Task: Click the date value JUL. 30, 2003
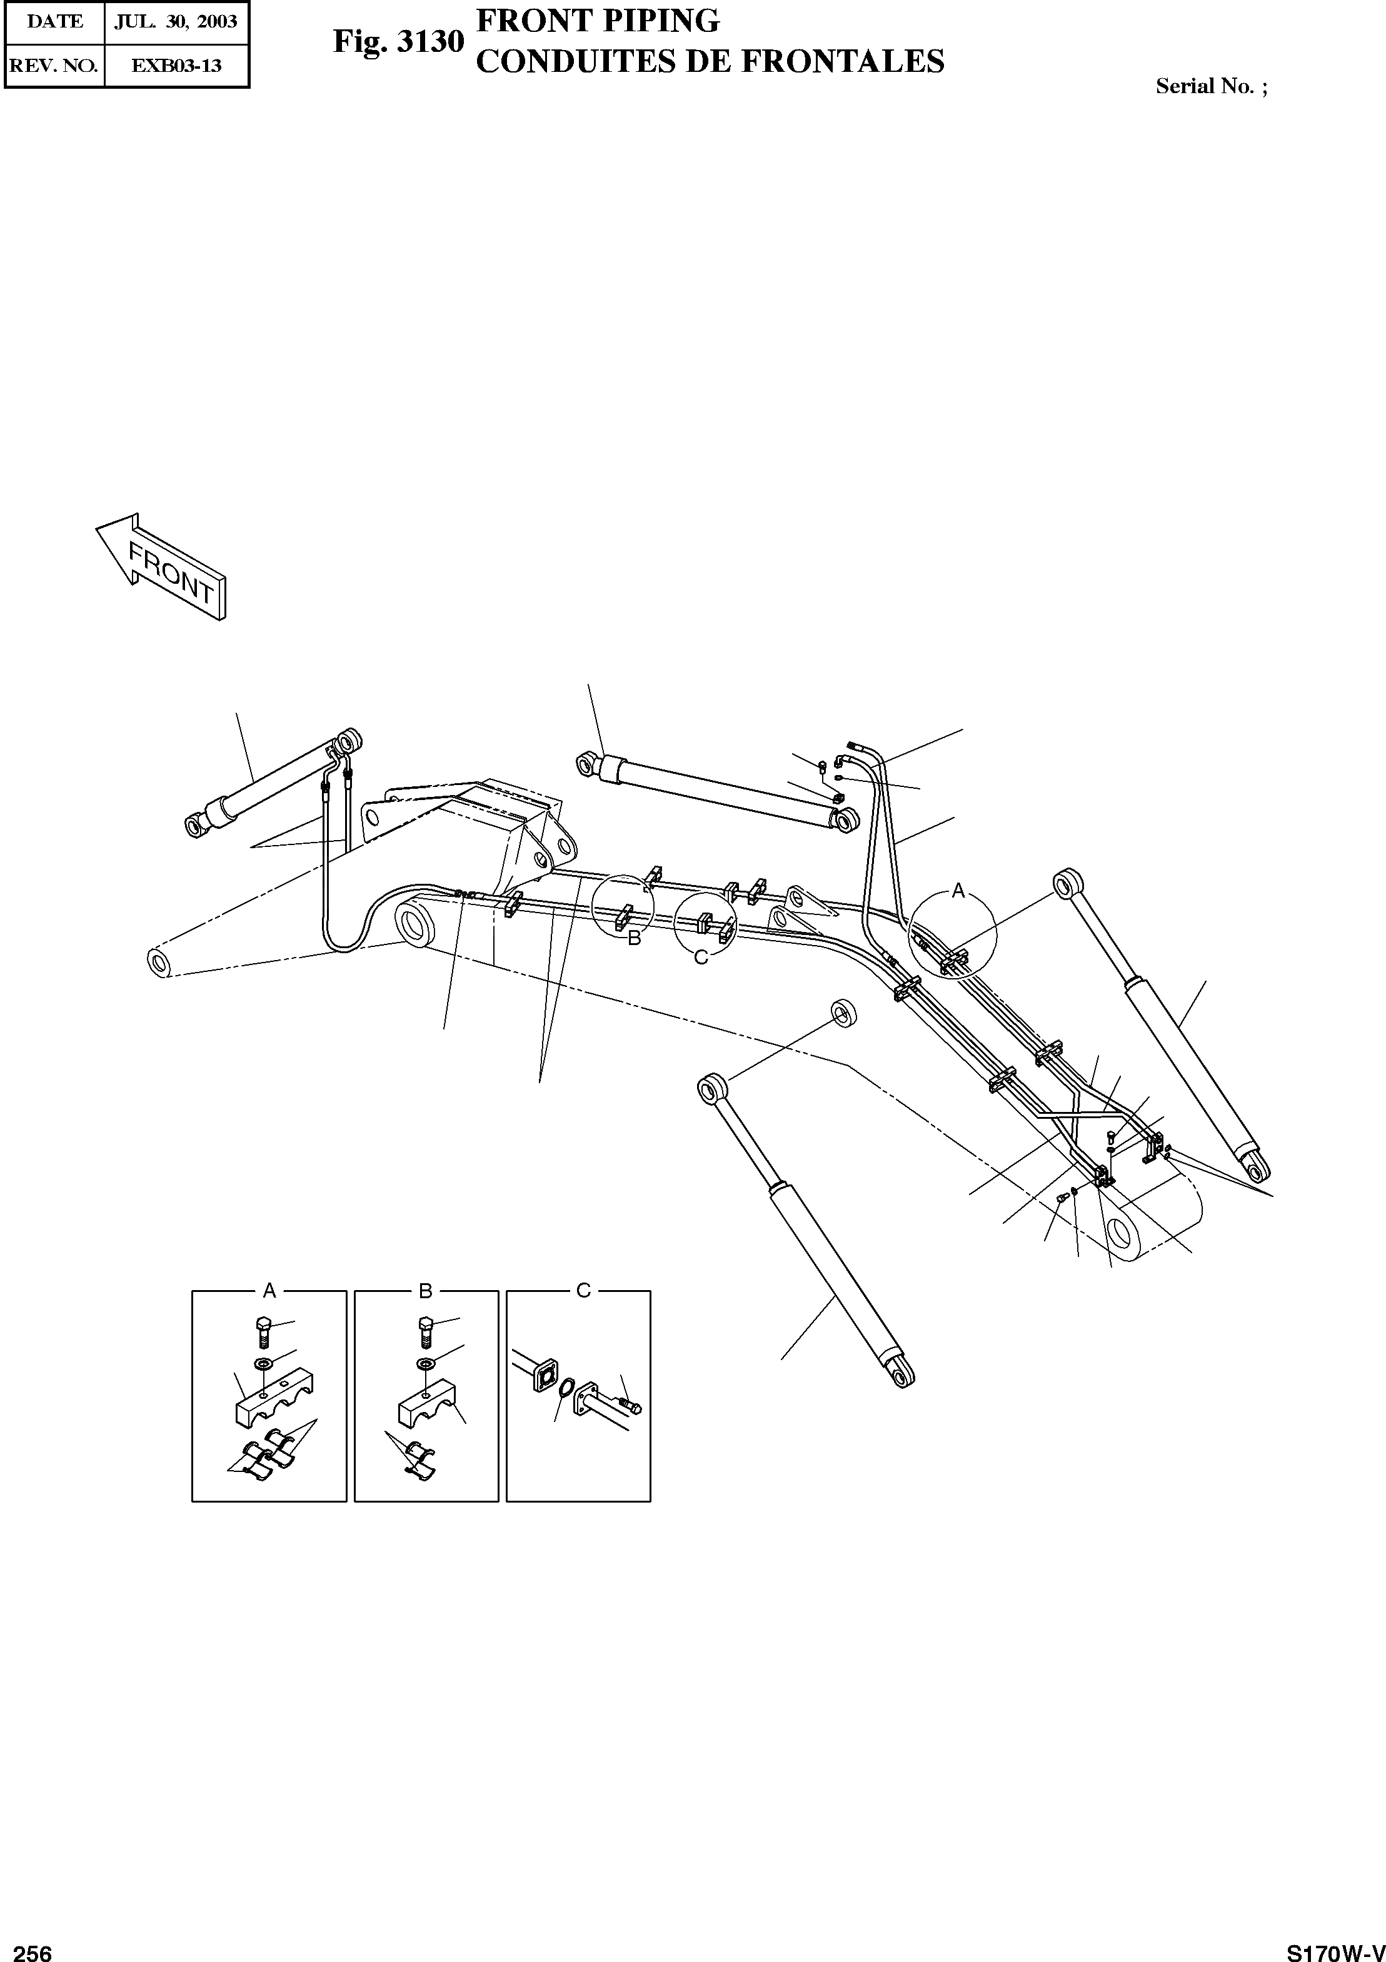click(x=176, y=21)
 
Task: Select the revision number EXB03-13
click(x=176, y=65)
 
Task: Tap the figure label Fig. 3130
click(x=398, y=41)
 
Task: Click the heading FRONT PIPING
click(x=597, y=21)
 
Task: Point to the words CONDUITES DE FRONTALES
click(x=709, y=61)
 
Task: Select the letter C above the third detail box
click(x=584, y=1289)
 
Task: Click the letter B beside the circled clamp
click(x=634, y=938)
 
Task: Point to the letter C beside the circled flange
click(x=701, y=957)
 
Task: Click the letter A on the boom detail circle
click(x=958, y=891)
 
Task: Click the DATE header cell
click(x=54, y=21)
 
